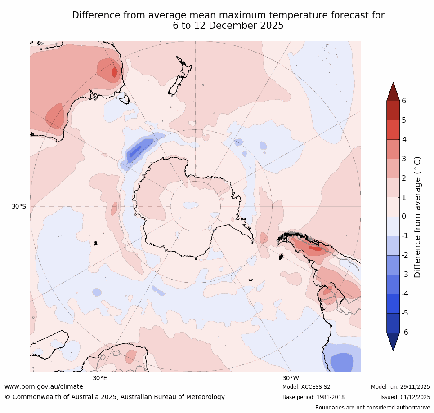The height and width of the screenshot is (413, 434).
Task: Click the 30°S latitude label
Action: coord(19,206)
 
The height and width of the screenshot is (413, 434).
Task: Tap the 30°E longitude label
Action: coord(100,378)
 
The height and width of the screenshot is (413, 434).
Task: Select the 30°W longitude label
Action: coord(291,378)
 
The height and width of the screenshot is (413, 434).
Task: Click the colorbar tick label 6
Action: coord(404,101)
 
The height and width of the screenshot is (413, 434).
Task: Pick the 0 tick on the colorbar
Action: coord(404,217)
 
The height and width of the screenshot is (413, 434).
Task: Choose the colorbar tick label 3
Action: coord(404,159)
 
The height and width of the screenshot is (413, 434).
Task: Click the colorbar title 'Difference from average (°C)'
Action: coord(417,217)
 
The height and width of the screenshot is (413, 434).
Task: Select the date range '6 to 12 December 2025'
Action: coord(228,26)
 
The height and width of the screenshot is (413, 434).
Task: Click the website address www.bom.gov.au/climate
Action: coord(44,386)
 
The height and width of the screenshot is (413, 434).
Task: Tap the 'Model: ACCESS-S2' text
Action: coord(306,387)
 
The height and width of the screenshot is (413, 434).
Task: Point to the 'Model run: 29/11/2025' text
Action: coord(400,387)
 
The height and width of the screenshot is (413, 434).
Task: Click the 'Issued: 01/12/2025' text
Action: coord(405,397)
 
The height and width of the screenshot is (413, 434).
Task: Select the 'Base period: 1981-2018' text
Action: coord(313,397)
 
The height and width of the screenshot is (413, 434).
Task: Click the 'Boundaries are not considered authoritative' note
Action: coord(372,408)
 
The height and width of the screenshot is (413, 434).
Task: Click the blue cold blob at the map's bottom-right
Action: coord(341,361)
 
